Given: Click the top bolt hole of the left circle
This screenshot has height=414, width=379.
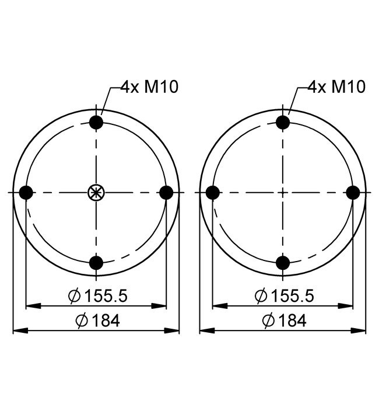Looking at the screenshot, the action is [x=96, y=122].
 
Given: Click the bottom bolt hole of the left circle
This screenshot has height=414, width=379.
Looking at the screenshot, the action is [x=96, y=263].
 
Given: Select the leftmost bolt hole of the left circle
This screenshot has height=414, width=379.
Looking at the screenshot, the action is [x=26, y=193].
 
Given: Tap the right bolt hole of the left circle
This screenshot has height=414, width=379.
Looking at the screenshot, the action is [x=166, y=193].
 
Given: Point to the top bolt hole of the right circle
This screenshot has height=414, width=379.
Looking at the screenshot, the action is [x=283, y=122].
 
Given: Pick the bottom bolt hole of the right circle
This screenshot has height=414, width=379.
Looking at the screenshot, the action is [x=283, y=263].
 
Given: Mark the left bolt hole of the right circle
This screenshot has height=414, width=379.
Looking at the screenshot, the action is [x=213, y=193].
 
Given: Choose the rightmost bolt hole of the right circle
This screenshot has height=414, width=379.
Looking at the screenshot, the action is [x=353, y=193].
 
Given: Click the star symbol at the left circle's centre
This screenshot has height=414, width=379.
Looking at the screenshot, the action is [x=96, y=193].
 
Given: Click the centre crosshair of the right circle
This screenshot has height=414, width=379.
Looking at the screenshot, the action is [x=283, y=193].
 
